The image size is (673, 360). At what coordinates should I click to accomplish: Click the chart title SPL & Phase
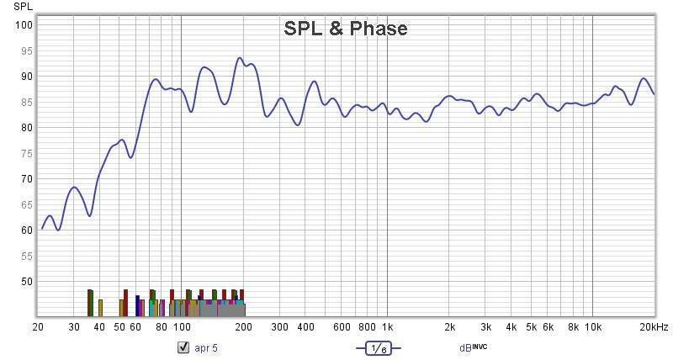tap(345, 29)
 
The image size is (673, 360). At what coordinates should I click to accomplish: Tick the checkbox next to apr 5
tap(183, 347)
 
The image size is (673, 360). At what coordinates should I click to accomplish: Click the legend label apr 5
tap(206, 347)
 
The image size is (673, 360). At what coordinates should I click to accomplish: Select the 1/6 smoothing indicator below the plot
tap(378, 347)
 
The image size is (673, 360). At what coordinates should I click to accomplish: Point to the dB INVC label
tap(473, 347)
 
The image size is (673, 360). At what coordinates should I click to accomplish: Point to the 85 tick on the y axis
tap(26, 102)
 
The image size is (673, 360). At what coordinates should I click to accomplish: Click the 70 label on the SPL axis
tap(26, 178)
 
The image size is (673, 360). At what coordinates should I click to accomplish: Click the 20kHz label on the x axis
tap(653, 326)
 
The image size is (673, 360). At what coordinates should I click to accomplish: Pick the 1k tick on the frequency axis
tap(387, 326)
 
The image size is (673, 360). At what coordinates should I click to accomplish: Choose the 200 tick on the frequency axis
tap(244, 326)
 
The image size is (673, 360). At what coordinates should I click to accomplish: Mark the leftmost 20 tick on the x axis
tap(38, 326)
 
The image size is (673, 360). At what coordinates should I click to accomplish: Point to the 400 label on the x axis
tap(305, 326)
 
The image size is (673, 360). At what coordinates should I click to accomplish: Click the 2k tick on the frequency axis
tap(449, 326)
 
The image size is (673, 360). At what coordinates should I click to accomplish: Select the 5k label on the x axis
tap(531, 326)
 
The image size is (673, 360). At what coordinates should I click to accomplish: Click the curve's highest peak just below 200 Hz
tap(240, 58)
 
